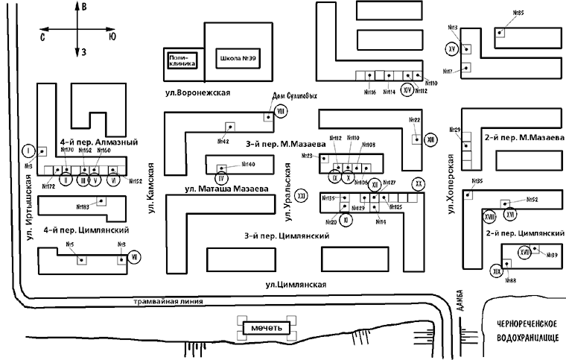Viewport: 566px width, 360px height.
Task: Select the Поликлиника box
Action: pos(182,60)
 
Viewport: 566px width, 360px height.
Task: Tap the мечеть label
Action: pos(267,327)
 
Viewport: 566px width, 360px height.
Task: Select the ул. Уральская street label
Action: pos(286,193)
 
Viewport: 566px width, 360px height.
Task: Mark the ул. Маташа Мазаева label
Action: pos(226,189)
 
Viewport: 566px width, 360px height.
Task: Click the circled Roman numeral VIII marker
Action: pos(281,111)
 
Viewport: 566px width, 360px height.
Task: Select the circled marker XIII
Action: pos(430,139)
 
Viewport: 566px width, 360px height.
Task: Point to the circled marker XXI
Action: pos(301,195)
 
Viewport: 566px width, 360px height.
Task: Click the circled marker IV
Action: pos(220,177)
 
